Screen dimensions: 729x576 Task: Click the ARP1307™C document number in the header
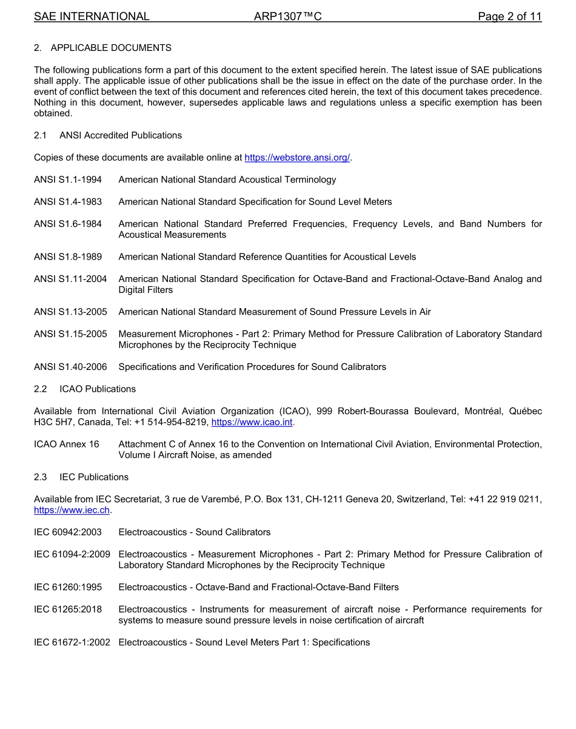(287, 16)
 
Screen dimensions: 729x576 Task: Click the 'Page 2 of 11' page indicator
(509, 16)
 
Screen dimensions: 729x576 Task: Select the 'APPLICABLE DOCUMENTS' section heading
(111, 47)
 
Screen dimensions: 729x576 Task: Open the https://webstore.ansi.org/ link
(297, 158)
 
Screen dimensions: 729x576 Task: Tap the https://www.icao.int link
(252, 422)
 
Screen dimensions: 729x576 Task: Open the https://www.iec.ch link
(72, 511)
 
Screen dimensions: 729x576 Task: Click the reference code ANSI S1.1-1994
(68, 180)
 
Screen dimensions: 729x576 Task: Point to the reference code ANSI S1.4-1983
(68, 201)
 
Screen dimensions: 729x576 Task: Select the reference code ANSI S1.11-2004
(70, 279)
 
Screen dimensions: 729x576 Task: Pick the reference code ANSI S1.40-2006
(70, 367)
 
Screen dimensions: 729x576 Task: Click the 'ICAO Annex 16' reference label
(67, 444)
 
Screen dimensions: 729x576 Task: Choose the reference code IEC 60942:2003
(68, 532)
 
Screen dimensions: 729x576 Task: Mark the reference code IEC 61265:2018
(68, 609)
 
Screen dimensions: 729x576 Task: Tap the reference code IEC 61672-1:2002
(72, 642)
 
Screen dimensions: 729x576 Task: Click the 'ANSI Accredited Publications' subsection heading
(121, 135)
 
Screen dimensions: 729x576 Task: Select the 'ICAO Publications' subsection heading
(98, 389)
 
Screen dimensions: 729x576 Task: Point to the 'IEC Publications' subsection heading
(94, 477)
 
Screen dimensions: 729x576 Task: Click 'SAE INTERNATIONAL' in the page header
(92, 16)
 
